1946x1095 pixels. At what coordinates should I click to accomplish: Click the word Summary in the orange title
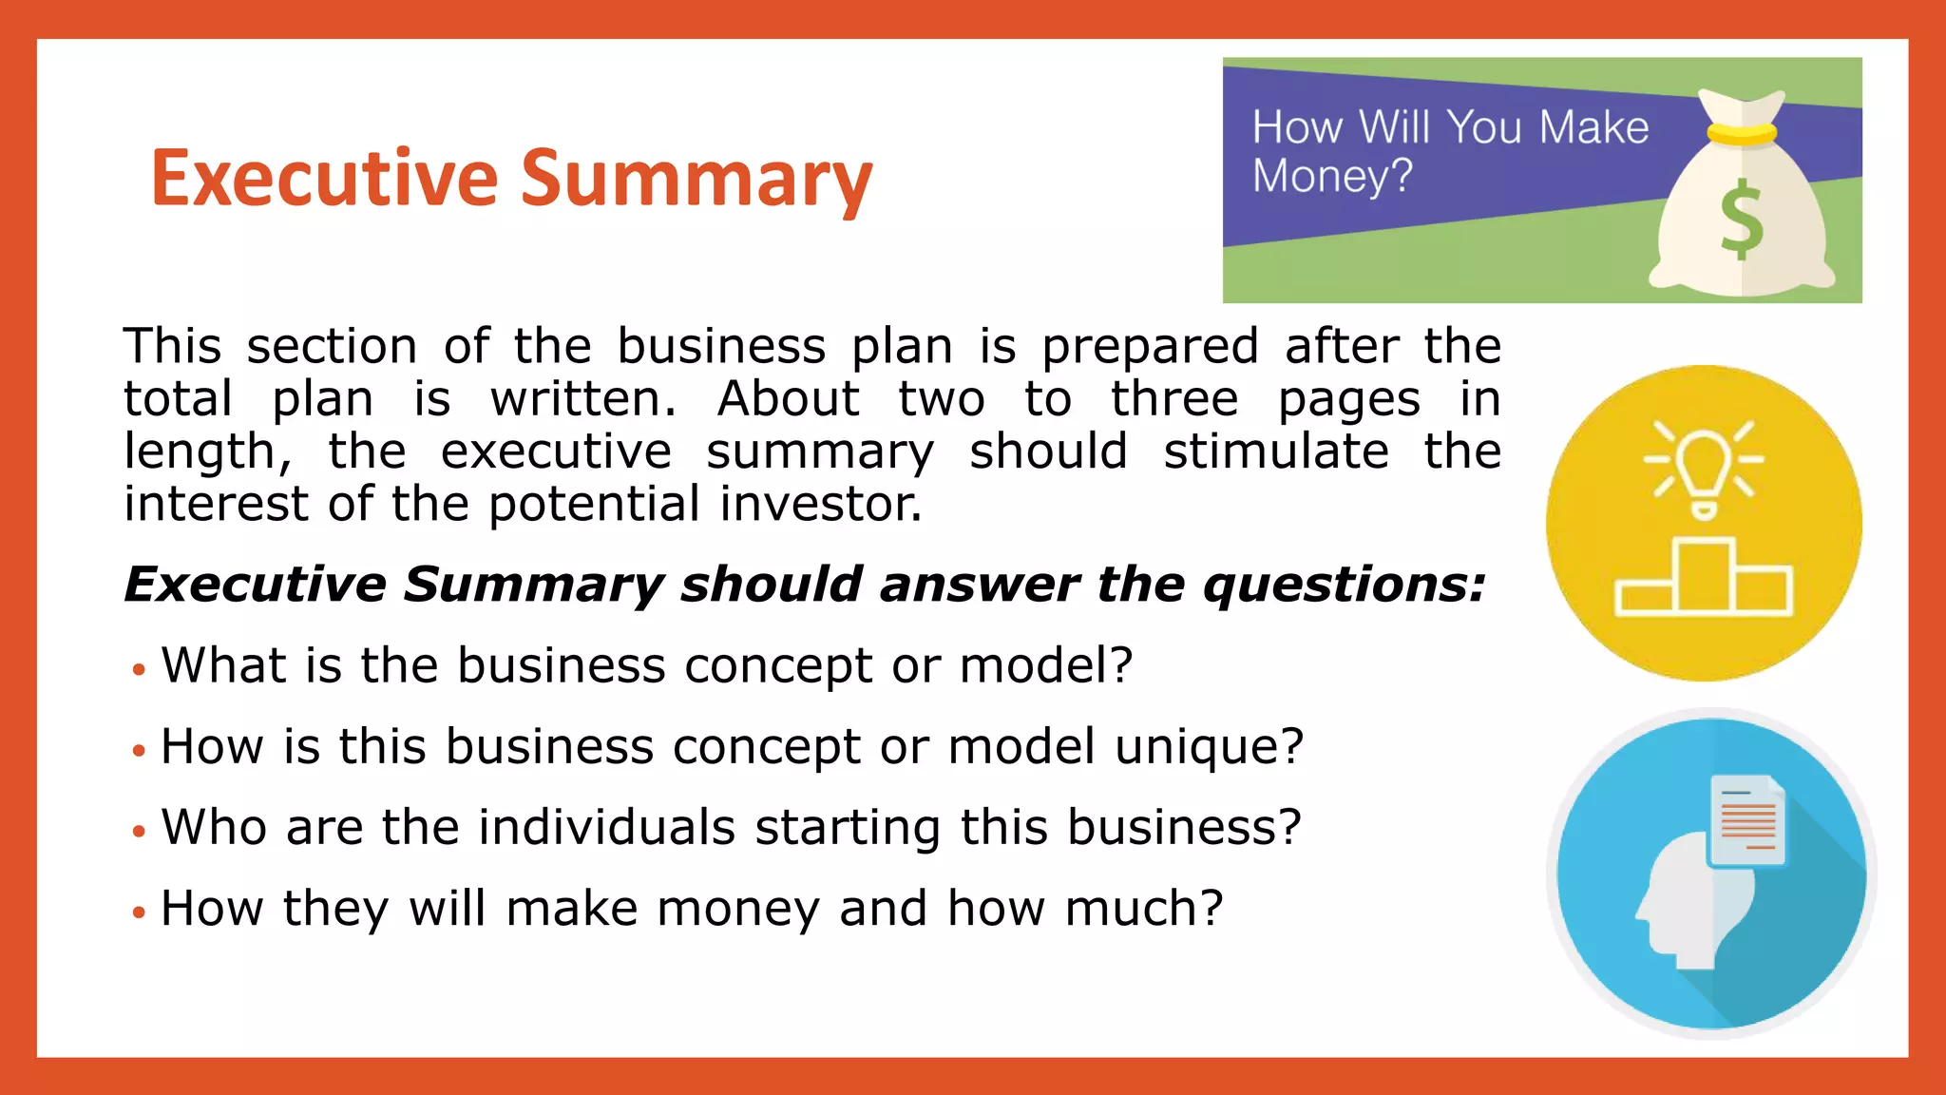696,181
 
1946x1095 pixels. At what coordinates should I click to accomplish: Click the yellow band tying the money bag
1741,132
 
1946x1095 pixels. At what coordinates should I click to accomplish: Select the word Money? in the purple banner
1332,177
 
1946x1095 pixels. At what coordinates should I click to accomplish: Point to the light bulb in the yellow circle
1704,466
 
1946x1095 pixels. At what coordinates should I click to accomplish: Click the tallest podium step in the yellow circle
1704,575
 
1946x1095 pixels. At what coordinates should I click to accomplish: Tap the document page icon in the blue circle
1747,820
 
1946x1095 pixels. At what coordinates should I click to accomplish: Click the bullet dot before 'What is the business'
140,669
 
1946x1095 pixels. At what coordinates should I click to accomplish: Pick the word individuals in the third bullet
606,828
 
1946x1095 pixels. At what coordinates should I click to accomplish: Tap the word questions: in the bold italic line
1344,585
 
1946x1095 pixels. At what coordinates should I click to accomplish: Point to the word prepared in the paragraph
1150,347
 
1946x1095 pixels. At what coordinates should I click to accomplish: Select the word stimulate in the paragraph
1275,451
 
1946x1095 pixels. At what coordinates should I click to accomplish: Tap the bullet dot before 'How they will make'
140,912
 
